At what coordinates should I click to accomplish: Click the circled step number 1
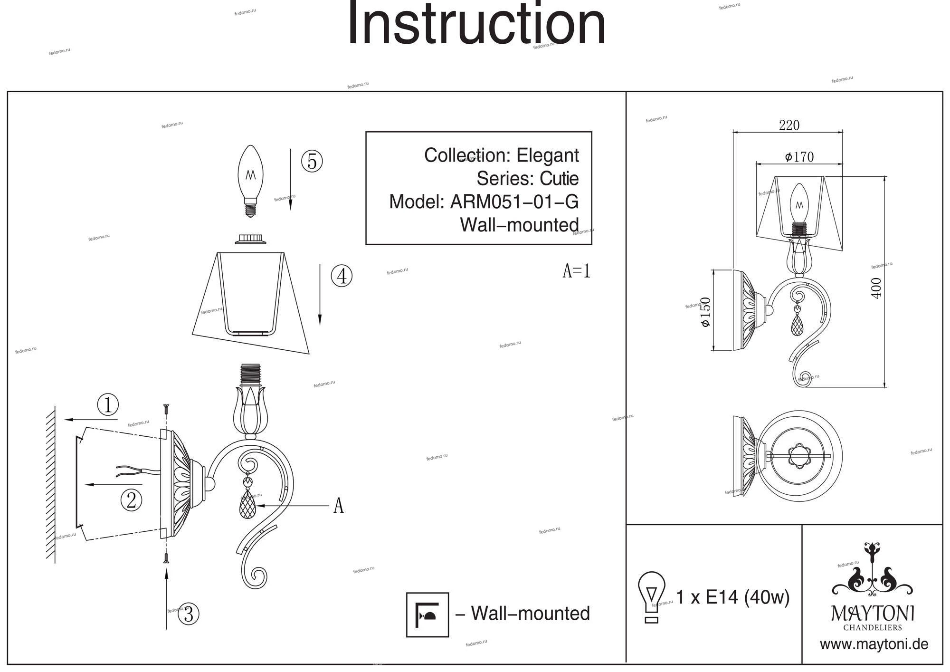pos(108,405)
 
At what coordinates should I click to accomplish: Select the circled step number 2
pos(132,499)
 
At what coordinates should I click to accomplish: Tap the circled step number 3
pos(189,614)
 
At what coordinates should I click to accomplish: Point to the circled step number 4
pos(342,276)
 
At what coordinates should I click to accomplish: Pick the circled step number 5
pos(312,161)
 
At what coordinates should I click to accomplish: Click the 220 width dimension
pos(789,125)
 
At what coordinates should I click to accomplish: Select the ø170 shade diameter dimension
pos(799,157)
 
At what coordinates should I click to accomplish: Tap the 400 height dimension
pos(876,288)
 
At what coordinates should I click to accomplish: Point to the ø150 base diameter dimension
pos(705,312)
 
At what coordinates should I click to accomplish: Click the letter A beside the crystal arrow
pos(338,506)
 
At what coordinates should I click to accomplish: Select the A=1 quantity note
pos(576,271)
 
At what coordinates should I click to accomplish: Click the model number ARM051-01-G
pos(514,202)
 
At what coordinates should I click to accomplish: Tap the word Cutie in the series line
pos(559,179)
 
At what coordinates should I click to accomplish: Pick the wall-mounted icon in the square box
pos(427,614)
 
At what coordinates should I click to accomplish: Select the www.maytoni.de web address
pos(874,644)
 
